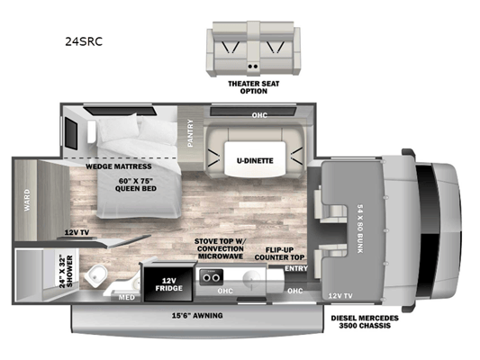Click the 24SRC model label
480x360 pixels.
pos(84,41)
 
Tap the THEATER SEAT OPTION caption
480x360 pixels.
pos(253,87)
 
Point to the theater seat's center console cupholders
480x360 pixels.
pos(253,66)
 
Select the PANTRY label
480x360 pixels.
pos(190,133)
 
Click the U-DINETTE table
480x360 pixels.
pos(255,158)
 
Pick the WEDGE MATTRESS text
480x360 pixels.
pos(119,166)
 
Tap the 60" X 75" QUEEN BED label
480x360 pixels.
pos(136,184)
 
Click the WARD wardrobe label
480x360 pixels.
pos(27,200)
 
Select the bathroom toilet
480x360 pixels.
pos(95,276)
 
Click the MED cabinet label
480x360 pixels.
pos(127,297)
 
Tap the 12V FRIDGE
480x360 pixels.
pos(168,284)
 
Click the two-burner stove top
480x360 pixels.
pos(211,277)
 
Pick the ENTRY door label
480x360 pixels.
pos(296,268)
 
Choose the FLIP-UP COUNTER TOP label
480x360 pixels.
pos(279,254)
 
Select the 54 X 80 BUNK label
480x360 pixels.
pos(360,229)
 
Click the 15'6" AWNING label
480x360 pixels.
pos(197,315)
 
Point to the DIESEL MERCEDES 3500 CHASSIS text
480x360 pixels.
pos(365,322)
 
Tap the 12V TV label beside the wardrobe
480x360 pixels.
pos(77,232)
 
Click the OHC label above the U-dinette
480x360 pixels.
pos(259,115)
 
